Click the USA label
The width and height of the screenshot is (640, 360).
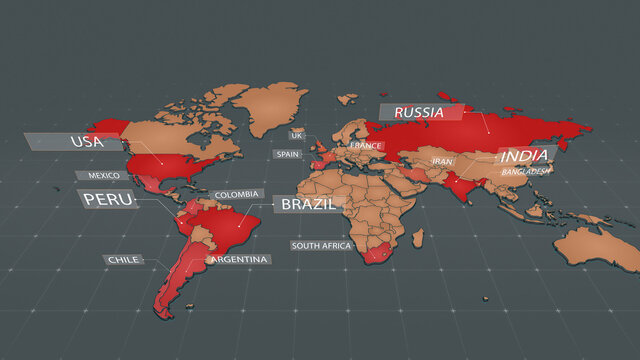click(87, 142)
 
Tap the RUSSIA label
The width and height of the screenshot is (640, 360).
click(419, 112)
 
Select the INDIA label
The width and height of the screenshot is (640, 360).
click(524, 156)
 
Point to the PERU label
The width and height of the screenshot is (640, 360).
click(108, 199)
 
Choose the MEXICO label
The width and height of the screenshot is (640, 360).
click(104, 175)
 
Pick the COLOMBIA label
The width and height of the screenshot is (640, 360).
click(237, 194)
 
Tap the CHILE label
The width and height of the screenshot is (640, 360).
click(123, 259)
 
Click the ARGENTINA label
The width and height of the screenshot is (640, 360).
click(239, 259)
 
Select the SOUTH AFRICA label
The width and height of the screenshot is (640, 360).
click(320, 245)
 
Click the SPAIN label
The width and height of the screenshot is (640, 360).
click(288, 154)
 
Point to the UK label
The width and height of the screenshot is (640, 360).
click(296, 134)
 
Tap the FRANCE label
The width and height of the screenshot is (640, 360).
click(365, 146)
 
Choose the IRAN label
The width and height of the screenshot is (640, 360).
click(442, 160)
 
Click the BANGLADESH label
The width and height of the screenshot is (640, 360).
click(526, 171)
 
